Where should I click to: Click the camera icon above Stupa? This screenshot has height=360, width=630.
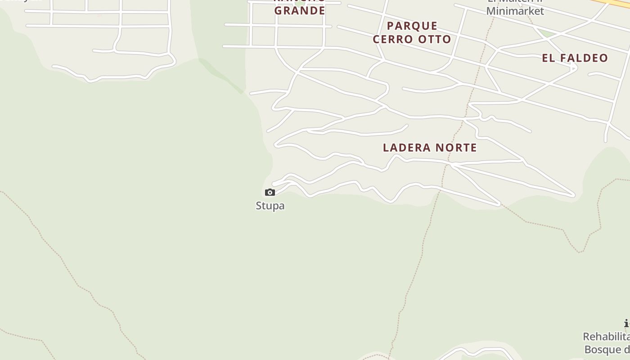pos(270,193)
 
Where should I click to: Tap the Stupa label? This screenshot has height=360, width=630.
pos(270,206)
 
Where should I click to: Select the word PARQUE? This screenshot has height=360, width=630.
pos(412,26)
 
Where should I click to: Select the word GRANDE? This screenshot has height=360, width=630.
pos(300,10)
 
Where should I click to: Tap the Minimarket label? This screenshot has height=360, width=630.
pos(515,11)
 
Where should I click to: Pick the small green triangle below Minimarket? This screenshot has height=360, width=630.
pos(547,33)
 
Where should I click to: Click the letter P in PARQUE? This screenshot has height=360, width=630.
pos(390,26)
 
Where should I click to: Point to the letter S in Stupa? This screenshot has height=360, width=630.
pos(259,206)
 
